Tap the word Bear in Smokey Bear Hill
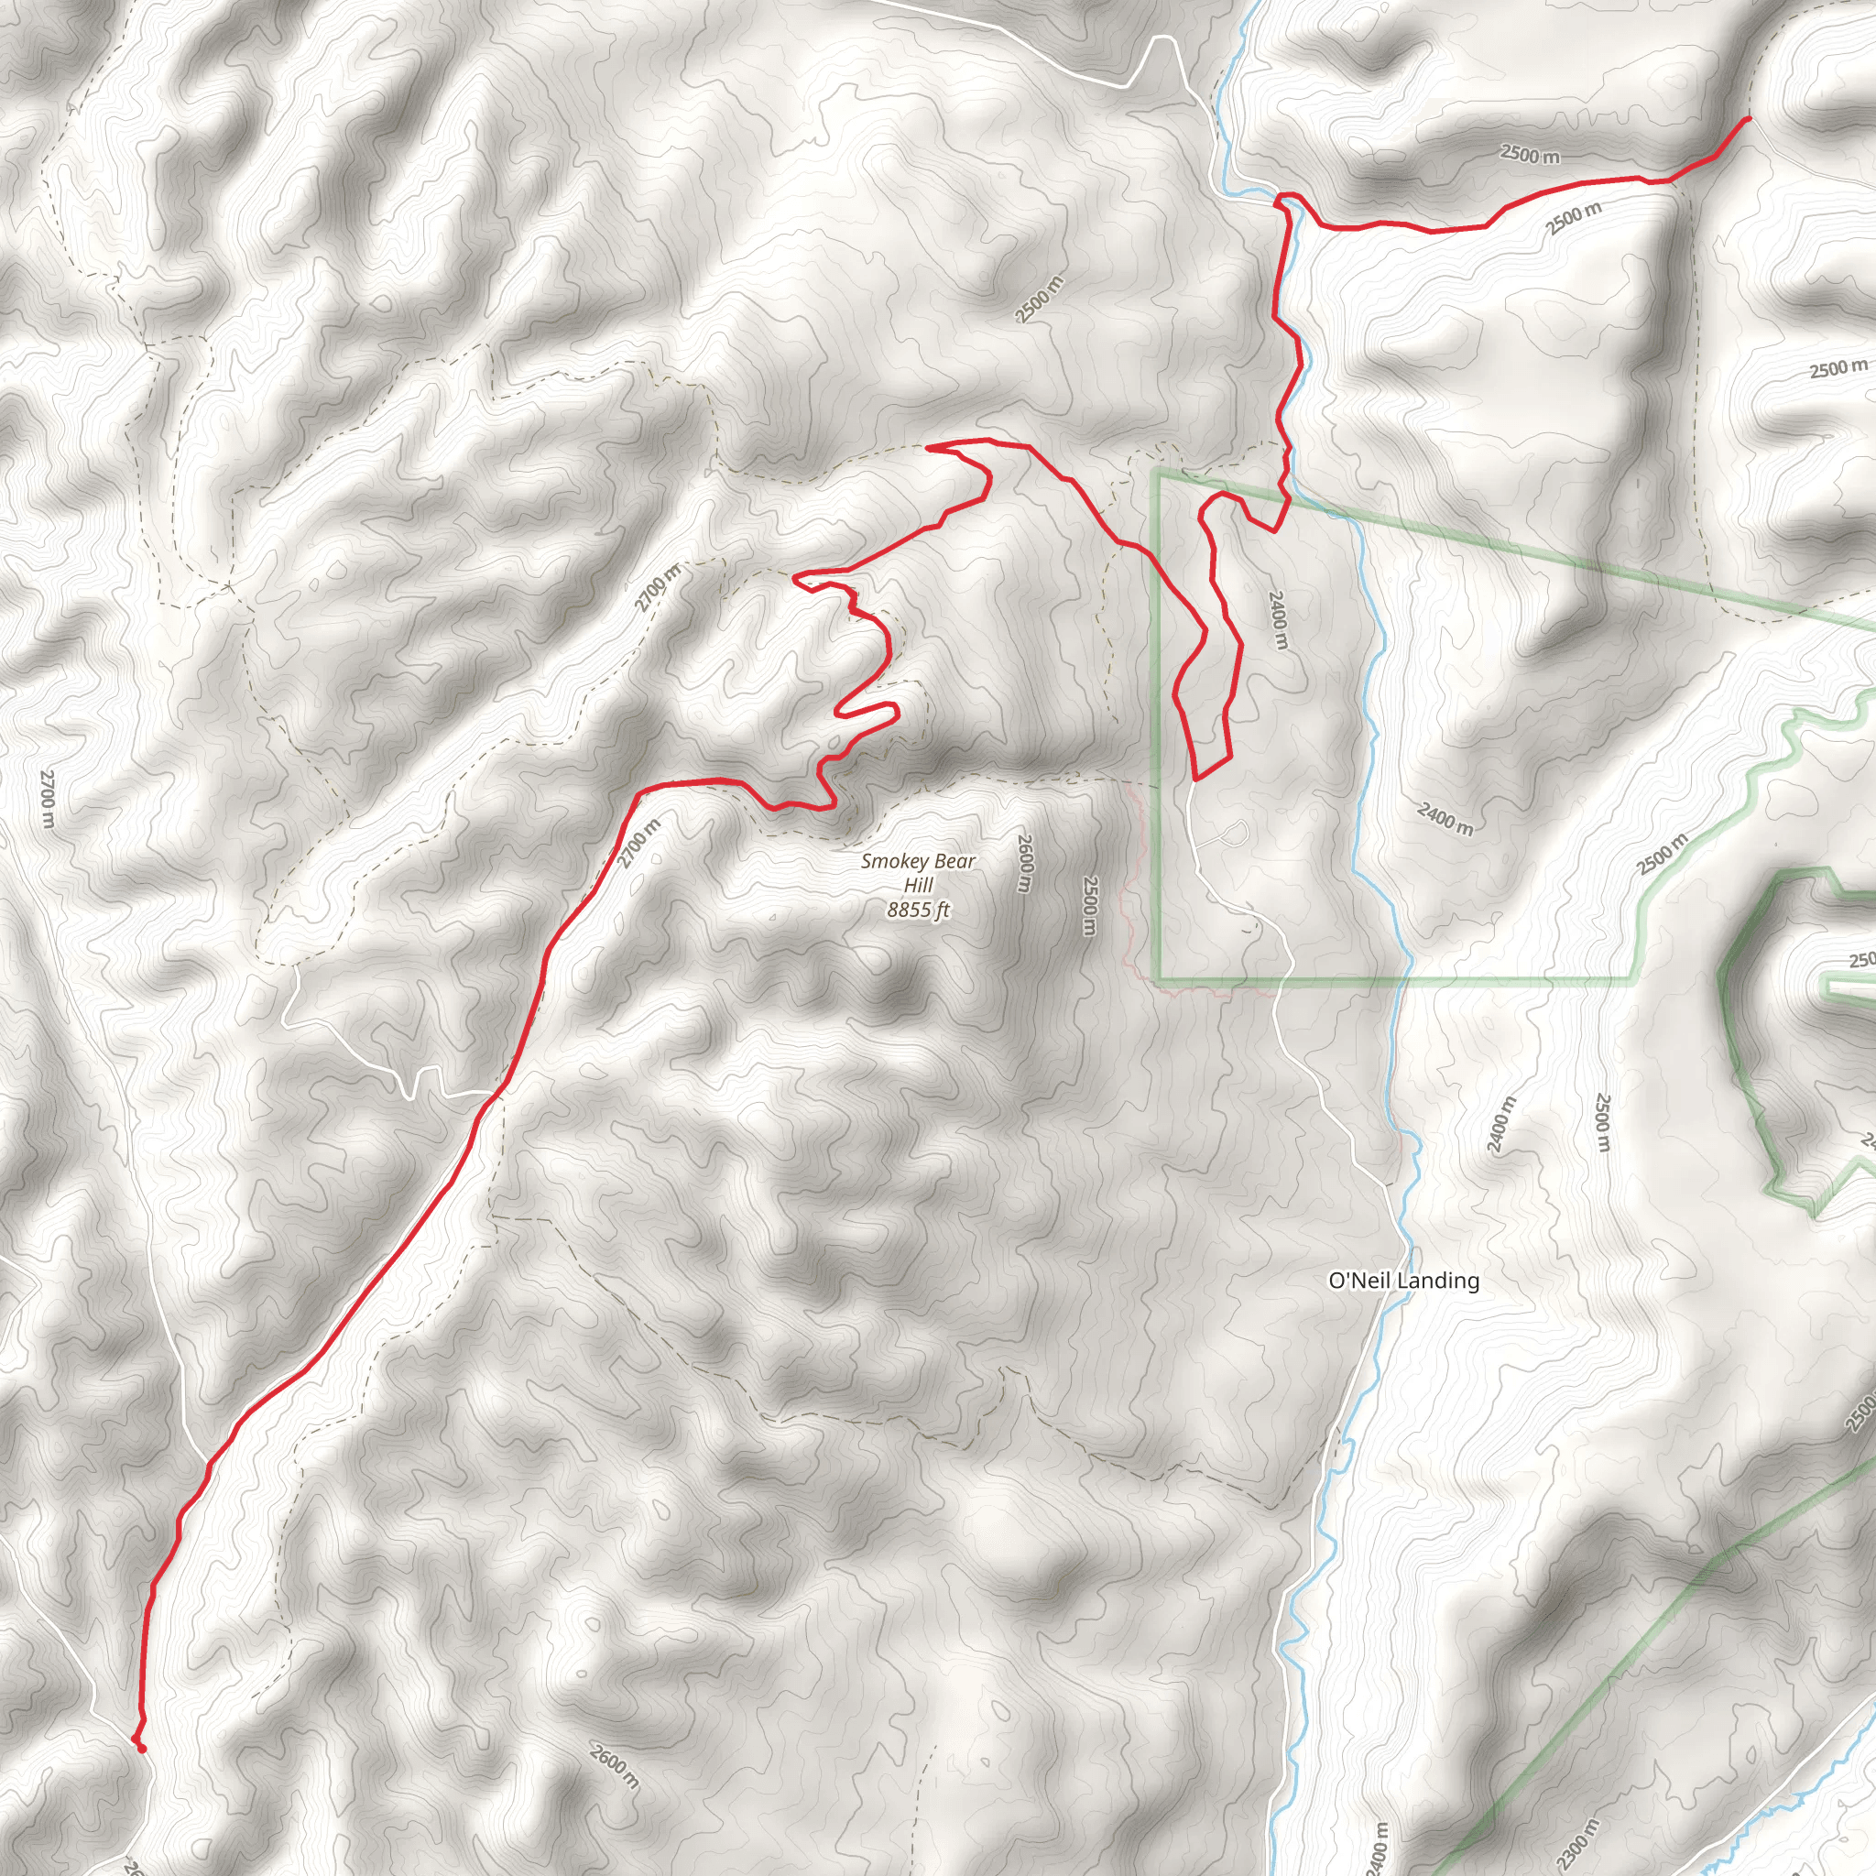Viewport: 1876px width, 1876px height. tap(954, 861)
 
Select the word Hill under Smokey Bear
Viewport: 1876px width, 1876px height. tap(918, 885)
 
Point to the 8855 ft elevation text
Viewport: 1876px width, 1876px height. tap(918, 910)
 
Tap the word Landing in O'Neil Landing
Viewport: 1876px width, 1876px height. tap(1439, 1281)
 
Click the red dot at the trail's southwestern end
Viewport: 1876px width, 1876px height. tap(142, 1748)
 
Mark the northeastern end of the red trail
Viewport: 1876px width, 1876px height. tap(1748, 118)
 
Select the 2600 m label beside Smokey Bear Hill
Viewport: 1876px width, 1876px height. tap(1023, 863)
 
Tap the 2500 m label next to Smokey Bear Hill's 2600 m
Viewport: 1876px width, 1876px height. tap(1089, 906)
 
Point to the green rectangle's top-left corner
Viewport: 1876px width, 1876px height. tap(1158, 473)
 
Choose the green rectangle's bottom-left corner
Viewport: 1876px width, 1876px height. tap(1158, 979)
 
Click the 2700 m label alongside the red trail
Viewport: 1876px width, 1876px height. tap(640, 843)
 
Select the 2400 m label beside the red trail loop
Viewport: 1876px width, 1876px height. tap(1278, 620)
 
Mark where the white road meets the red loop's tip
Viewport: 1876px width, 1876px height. tap(1194, 779)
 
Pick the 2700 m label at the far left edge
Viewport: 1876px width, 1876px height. tap(48, 798)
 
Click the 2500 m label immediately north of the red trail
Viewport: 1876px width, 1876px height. tap(1530, 153)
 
